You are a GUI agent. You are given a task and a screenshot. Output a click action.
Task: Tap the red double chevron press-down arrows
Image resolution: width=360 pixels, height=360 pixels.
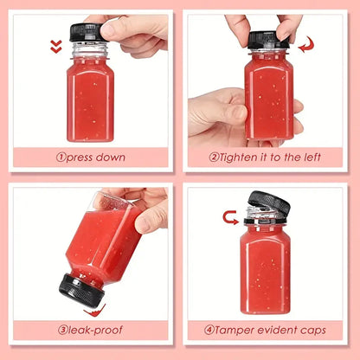pyautogui.click(x=56, y=46)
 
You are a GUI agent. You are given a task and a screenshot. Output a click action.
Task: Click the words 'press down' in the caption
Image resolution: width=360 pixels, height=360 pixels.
pyautogui.click(x=97, y=157)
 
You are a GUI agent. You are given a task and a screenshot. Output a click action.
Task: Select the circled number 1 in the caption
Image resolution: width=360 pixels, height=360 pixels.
pyautogui.click(x=61, y=157)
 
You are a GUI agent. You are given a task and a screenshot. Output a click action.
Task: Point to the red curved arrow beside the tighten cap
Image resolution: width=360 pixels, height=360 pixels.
pyautogui.click(x=305, y=45)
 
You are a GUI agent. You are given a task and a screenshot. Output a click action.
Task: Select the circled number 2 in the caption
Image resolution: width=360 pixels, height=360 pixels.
pyautogui.click(x=215, y=157)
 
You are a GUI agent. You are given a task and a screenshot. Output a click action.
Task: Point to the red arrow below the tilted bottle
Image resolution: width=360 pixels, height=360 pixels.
pyautogui.click(x=98, y=308)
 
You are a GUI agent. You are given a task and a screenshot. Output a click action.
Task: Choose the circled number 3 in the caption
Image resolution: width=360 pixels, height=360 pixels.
pyautogui.click(x=63, y=330)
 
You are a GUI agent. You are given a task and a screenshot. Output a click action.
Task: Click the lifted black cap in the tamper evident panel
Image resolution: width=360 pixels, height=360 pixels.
pyautogui.click(x=270, y=204)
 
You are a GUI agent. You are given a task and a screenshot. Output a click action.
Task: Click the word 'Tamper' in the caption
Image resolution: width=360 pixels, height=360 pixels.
pyautogui.click(x=236, y=330)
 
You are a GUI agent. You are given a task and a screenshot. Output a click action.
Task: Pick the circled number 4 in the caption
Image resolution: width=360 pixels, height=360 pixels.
pyautogui.click(x=209, y=330)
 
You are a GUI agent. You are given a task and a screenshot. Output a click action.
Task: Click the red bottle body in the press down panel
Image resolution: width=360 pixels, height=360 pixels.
pyautogui.click(x=89, y=100)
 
